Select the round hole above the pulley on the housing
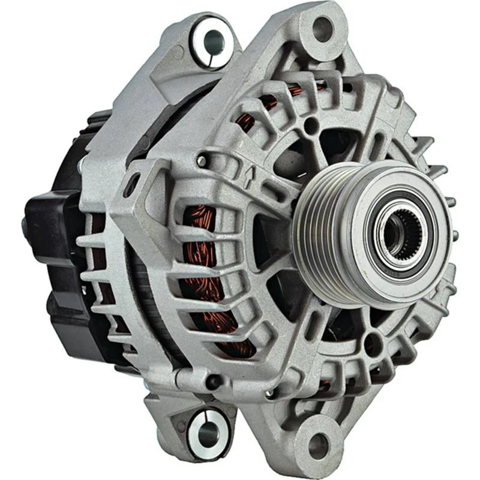click(x=310, y=127)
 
